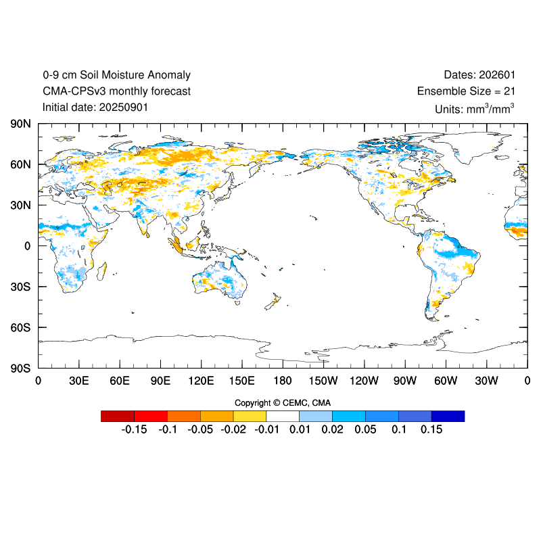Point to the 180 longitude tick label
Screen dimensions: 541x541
[283, 381]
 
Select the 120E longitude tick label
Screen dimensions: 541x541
[201, 381]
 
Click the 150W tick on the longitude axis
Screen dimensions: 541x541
[323, 381]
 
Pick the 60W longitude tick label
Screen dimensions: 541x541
[446, 381]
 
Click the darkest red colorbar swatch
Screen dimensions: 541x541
[117, 416]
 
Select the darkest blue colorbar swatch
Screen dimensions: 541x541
[448, 416]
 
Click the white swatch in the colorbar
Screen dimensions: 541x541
[283, 416]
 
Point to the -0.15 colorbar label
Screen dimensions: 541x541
[133, 429]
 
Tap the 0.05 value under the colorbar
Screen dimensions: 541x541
[365, 429]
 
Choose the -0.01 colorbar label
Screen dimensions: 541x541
[266, 429]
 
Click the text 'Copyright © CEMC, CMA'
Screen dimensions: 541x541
[283, 403]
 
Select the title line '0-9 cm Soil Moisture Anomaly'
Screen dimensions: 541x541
[116, 75]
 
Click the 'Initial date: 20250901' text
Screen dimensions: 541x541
[95, 107]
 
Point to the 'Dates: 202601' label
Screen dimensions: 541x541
[474, 75]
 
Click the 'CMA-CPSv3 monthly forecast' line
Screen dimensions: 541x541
[116, 91]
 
